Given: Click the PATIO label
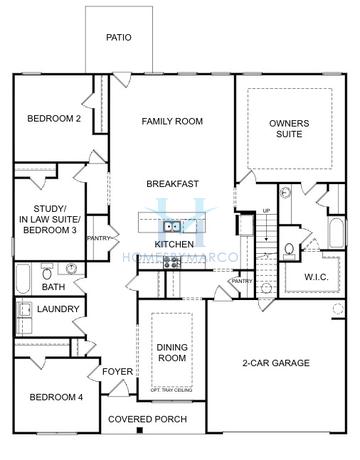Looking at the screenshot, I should pyautogui.click(x=119, y=38).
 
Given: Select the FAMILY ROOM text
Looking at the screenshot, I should pyautogui.click(x=172, y=121).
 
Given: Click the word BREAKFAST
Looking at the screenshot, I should pyautogui.click(x=172, y=184).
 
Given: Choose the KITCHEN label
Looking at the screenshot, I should pyautogui.click(x=174, y=244).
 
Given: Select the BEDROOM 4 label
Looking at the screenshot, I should pyautogui.click(x=54, y=397).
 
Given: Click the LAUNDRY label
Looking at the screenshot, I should pyautogui.click(x=58, y=310).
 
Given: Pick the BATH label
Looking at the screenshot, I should pyautogui.click(x=54, y=288).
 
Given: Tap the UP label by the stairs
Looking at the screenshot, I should pyautogui.click(x=266, y=211).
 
